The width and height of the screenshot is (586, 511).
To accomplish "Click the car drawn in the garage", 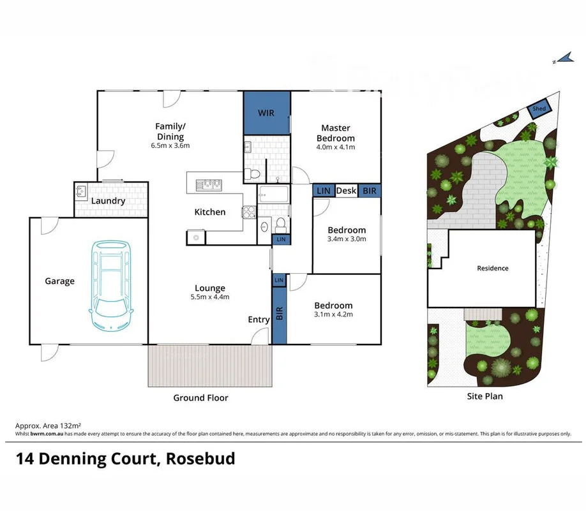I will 112,285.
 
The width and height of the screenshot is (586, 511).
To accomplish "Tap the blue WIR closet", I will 266,113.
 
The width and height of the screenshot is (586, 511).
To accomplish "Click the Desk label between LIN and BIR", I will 346,190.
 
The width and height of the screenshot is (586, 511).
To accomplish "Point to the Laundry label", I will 108,201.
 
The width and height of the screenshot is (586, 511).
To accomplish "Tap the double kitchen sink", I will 208,185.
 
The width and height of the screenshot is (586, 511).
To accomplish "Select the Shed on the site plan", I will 539,110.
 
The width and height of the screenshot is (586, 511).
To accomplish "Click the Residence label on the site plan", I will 493,268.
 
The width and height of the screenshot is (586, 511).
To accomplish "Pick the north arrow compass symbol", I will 562,59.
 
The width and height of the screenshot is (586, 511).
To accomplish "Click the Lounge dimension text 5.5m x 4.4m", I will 210,297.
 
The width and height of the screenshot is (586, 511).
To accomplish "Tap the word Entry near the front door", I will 259,320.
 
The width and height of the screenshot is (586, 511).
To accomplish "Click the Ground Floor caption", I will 200,397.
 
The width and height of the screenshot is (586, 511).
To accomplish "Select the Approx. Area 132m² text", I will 48,425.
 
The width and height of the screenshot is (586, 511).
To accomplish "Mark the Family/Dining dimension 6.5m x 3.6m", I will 170,145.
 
